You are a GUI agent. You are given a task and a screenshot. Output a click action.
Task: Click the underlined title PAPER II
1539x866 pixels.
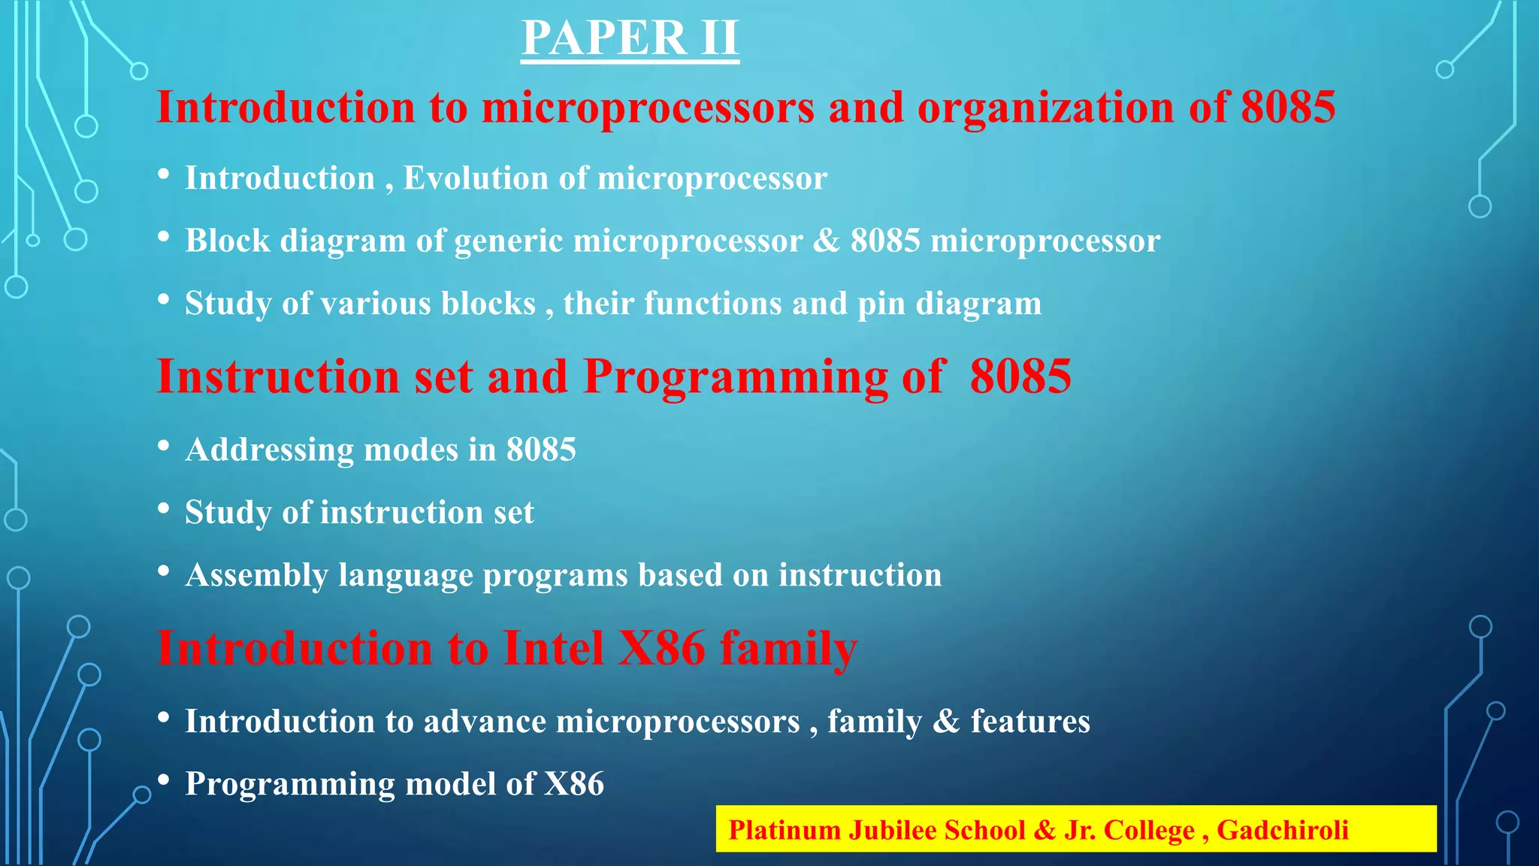(x=630, y=38)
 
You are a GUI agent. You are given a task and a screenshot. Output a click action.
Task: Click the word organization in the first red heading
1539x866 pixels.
(x=1045, y=107)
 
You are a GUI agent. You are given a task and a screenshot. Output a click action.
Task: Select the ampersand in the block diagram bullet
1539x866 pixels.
(x=827, y=241)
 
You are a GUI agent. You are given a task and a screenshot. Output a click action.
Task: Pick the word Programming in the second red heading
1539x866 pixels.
(x=736, y=376)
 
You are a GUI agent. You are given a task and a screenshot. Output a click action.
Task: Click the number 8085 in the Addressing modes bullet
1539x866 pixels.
(x=541, y=450)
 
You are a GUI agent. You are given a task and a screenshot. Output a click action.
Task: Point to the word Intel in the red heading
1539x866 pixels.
(x=553, y=647)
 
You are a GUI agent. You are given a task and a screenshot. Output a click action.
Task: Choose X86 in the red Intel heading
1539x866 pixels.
(x=662, y=647)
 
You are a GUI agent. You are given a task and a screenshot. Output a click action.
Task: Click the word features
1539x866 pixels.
(x=1030, y=722)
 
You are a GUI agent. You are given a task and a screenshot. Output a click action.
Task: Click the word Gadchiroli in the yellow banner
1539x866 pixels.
(x=1283, y=830)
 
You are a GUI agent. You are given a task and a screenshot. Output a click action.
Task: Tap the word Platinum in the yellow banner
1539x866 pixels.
(x=785, y=830)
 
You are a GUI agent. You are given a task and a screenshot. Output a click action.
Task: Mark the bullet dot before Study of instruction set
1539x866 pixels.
(x=164, y=509)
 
